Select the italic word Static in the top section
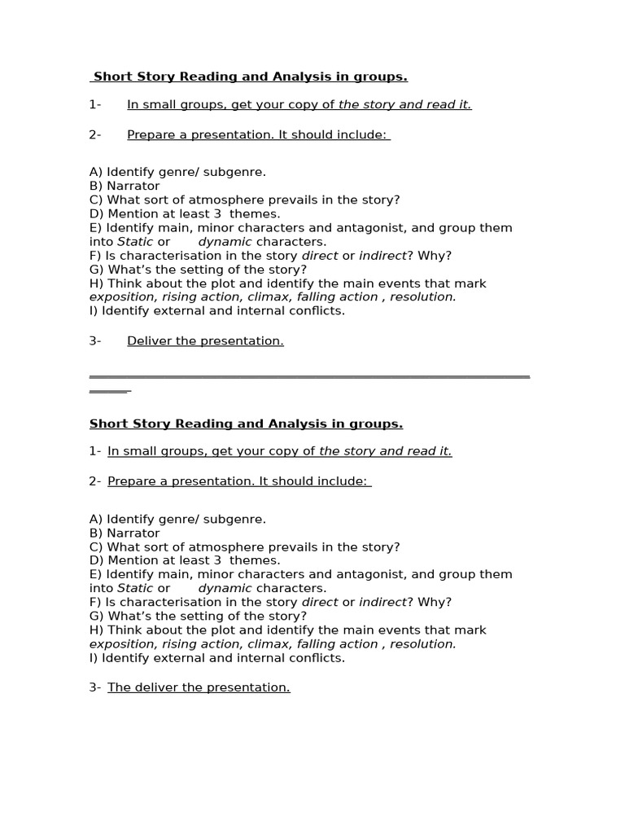point(135,241)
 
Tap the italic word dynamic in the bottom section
point(225,588)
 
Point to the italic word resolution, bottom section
point(423,643)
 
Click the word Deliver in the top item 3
point(148,340)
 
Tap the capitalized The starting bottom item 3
point(119,687)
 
